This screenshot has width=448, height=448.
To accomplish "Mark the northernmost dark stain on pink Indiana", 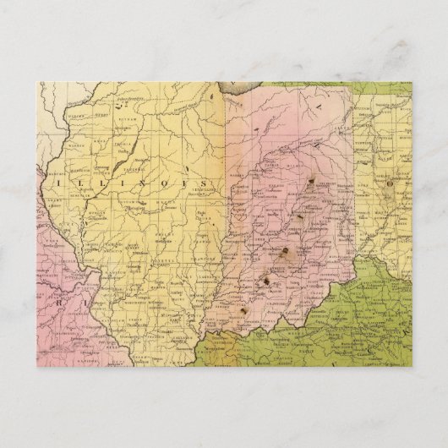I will click(314, 180).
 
